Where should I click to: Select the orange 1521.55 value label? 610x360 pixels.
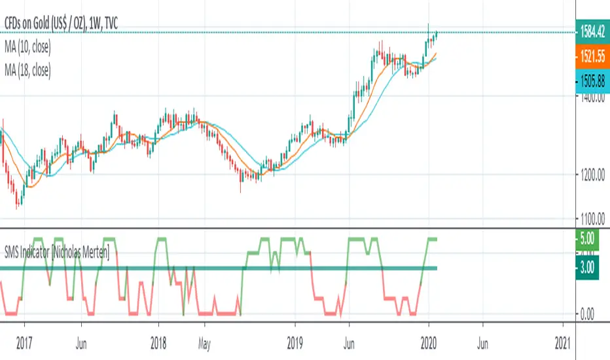pyautogui.click(x=592, y=58)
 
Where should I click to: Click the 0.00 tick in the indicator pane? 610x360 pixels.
pyautogui.click(x=587, y=314)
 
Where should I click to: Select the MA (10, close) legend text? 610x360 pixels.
pyautogui.click(x=28, y=47)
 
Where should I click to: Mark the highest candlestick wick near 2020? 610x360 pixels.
pyautogui.click(x=429, y=25)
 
